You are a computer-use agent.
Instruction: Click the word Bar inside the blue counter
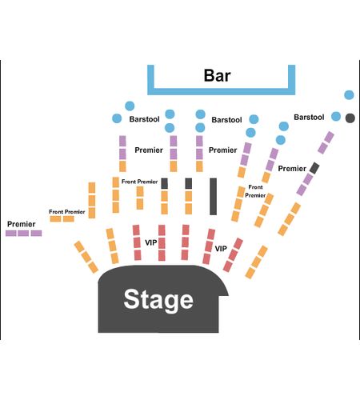217,75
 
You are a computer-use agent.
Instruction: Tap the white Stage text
158,300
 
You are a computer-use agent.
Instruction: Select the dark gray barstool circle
350,118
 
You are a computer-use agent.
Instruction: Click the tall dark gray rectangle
213,197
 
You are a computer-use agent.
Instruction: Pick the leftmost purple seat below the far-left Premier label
11,234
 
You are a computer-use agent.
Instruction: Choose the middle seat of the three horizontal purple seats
23,234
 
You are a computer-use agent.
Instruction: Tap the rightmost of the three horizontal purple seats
36,234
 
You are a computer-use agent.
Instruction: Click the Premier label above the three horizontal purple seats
22,224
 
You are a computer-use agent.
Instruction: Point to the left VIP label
151,242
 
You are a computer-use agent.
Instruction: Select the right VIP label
221,249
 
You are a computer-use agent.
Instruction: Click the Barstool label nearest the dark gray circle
309,118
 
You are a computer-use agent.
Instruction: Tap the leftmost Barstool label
145,119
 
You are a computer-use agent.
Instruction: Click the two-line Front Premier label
255,191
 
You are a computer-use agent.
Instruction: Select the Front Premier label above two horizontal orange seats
67,212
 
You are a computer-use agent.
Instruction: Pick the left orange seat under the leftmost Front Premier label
55,219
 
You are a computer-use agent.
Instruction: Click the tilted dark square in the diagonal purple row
314,168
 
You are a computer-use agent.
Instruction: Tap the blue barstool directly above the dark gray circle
349,95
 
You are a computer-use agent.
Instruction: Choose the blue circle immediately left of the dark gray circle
336,116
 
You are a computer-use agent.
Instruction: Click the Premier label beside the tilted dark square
292,169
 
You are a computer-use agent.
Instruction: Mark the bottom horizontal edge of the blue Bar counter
222,92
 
